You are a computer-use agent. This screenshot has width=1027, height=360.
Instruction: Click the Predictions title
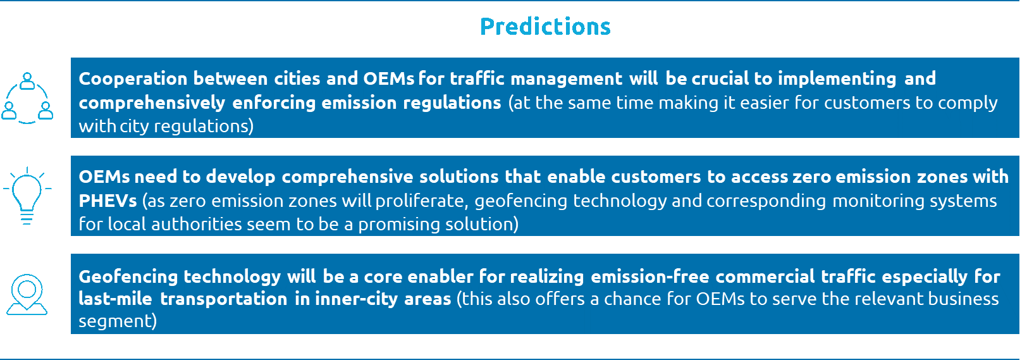[x=545, y=27]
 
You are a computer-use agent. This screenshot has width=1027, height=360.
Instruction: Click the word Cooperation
[x=133, y=79]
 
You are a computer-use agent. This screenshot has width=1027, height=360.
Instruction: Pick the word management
[x=567, y=79]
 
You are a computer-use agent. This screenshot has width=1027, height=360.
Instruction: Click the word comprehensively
[x=152, y=103]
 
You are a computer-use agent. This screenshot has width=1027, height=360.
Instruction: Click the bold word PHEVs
[x=108, y=201]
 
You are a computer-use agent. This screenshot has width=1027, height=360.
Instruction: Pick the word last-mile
[x=115, y=299]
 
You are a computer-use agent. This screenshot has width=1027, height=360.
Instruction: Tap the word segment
[x=118, y=321]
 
